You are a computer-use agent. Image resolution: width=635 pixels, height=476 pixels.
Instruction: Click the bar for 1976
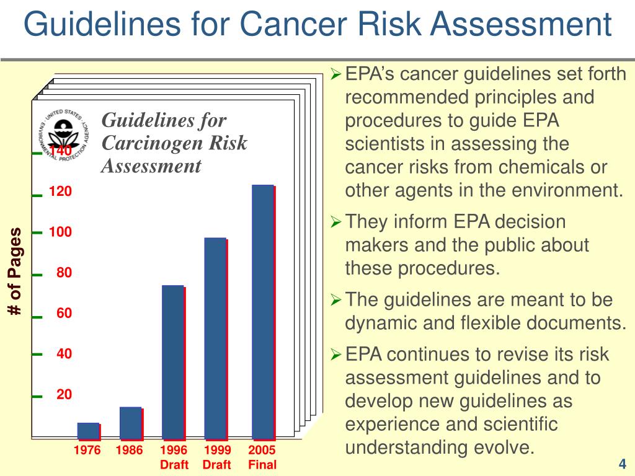[88, 431]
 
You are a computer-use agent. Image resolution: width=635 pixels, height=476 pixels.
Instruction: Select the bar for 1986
[130, 423]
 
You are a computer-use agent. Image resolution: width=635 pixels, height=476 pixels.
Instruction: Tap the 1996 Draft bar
[173, 362]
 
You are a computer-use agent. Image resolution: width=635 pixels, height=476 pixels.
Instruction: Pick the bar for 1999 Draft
[215, 338]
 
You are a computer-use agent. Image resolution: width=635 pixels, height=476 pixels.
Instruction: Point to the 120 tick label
[61, 192]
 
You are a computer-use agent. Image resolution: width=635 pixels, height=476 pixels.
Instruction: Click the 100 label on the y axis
[61, 232]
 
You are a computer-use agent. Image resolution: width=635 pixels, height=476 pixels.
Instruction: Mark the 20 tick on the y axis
[64, 395]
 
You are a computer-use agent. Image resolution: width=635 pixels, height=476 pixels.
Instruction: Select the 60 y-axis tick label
[64, 314]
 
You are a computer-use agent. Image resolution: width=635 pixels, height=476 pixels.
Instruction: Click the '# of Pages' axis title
[15, 271]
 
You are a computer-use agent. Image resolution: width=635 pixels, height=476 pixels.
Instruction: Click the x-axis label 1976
[87, 451]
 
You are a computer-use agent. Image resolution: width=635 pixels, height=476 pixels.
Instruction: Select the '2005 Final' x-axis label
[262, 457]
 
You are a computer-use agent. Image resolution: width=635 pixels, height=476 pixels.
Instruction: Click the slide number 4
[622, 464]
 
